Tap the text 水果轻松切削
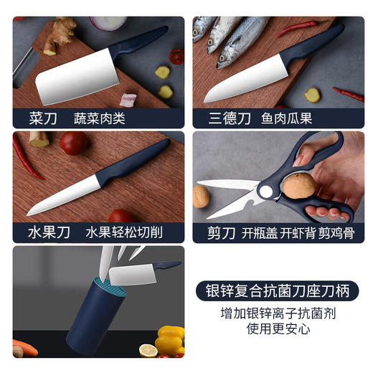[x=124, y=232]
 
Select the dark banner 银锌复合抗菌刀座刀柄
[x=277, y=291]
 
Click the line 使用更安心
[x=277, y=330]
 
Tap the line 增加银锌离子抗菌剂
[x=277, y=313]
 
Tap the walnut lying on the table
[x=200, y=195]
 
